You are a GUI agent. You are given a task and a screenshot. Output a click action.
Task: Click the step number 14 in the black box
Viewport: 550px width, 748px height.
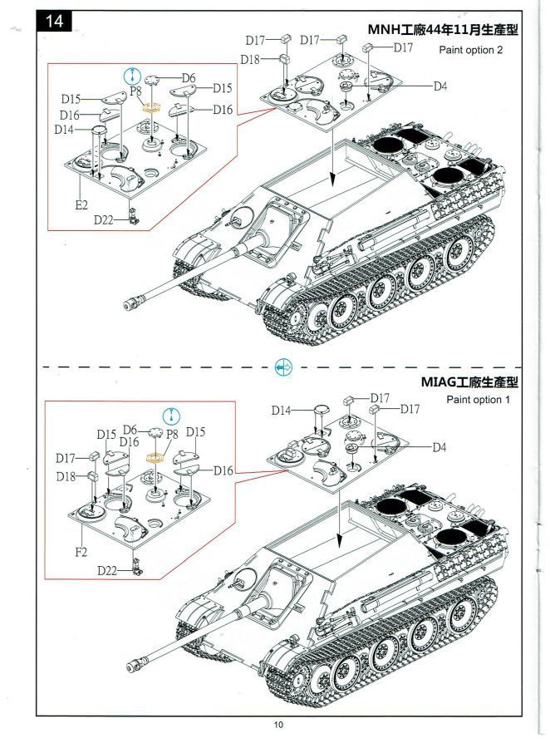click(x=56, y=22)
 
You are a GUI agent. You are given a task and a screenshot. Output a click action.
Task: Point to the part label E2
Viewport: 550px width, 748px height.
click(x=81, y=204)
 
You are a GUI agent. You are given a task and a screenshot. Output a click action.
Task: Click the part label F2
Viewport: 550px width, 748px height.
click(x=81, y=551)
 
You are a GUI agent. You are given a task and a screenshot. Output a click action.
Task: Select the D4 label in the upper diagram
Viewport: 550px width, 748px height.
click(x=440, y=86)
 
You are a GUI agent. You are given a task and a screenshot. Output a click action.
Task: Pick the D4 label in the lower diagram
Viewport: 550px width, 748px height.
click(x=440, y=447)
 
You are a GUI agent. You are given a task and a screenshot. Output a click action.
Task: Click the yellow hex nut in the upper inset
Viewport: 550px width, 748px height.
click(x=151, y=107)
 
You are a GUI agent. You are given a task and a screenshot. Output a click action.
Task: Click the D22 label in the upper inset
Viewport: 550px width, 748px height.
click(x=105, y=219)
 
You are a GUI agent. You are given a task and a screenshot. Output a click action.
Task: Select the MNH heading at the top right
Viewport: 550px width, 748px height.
click(x=443, y=30)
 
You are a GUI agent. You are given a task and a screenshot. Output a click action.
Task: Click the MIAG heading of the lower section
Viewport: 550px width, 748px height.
click(x=469, y=382)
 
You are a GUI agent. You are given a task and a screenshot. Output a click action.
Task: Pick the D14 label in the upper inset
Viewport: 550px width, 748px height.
click(x=64, y=130)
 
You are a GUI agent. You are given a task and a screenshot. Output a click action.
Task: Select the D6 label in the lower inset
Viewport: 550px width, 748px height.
click(x=130, y=430)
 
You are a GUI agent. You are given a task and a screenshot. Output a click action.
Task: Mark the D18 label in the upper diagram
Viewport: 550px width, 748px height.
click(x=250, y=59)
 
